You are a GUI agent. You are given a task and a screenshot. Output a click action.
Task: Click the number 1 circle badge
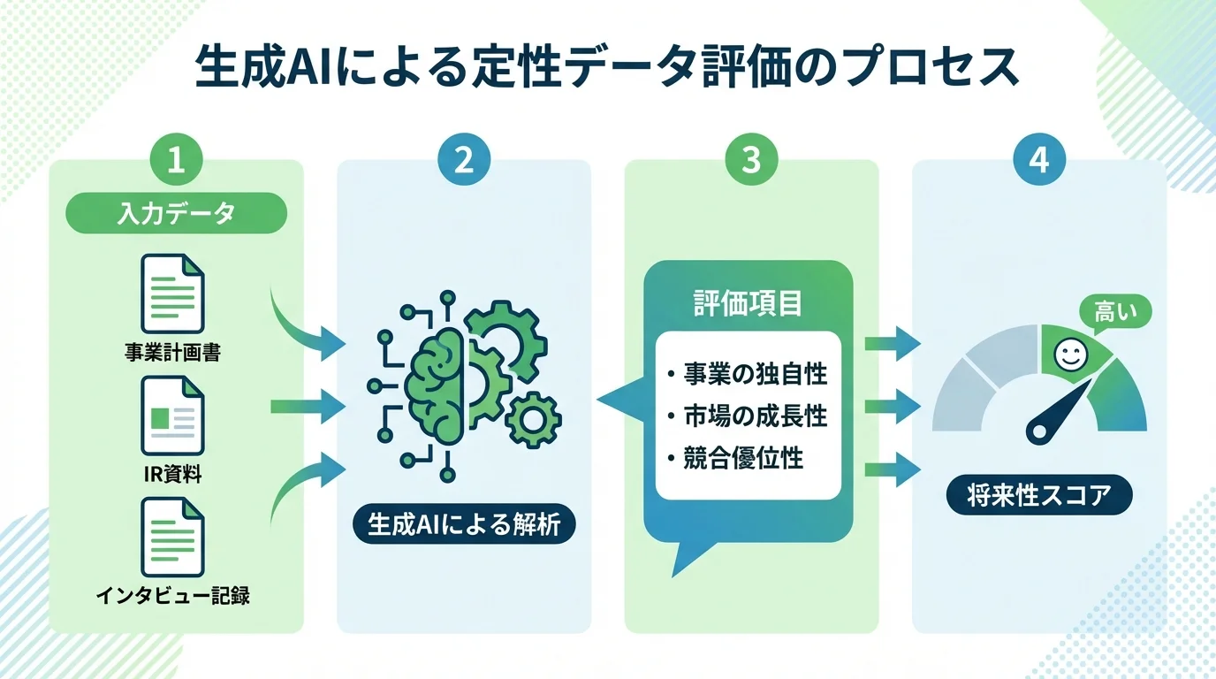point(176,162)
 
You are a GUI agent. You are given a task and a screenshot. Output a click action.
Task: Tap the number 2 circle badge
point(463,162)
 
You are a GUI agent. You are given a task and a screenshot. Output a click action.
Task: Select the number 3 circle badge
point(750,162)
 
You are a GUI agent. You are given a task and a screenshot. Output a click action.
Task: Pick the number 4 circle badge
point(1038,162)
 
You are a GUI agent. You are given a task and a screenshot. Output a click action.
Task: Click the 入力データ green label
point(176,213)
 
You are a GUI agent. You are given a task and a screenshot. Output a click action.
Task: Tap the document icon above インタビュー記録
point(172,537)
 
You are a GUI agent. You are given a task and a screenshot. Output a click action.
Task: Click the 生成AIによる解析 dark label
point(463,525)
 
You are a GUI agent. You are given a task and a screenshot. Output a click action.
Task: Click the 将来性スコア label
point(1038,495)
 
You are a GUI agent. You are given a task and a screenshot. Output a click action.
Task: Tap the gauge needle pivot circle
point(1040,431)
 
